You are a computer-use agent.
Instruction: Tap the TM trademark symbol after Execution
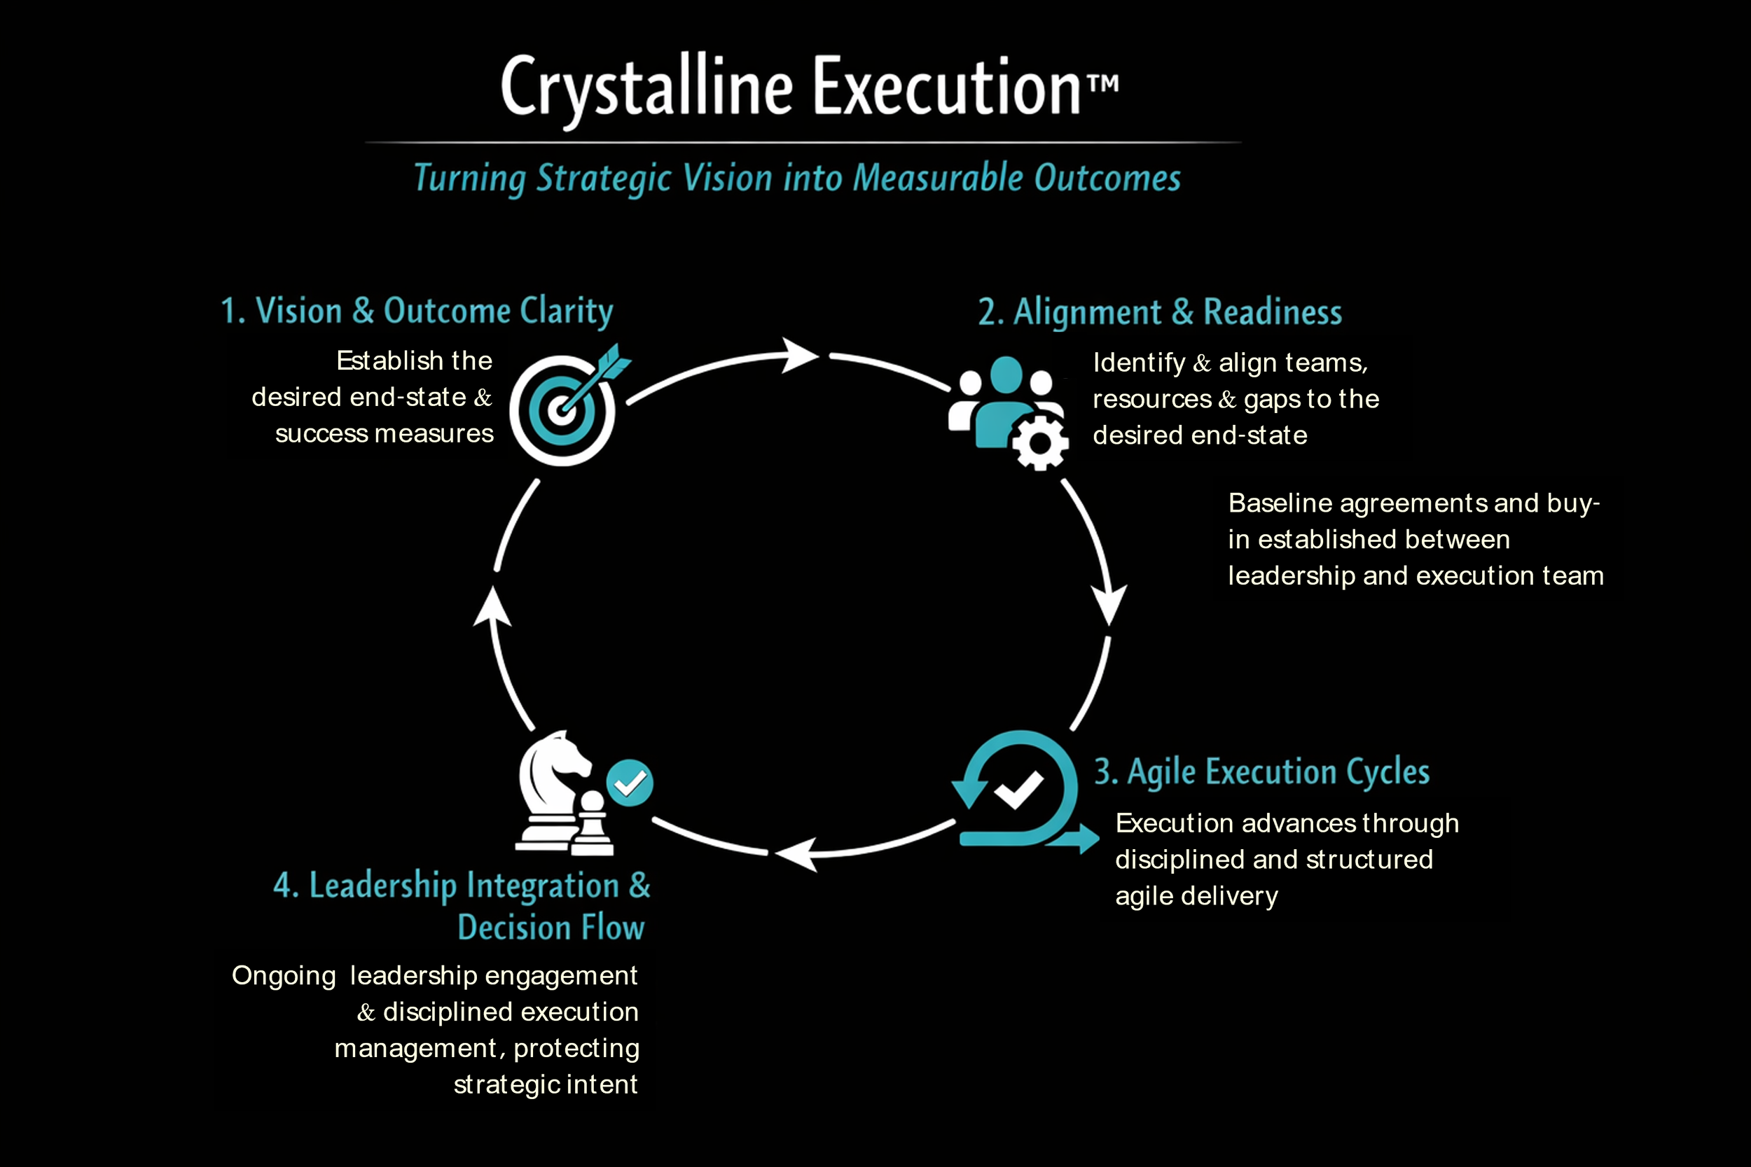pyautogui.click(x=1102, y=82)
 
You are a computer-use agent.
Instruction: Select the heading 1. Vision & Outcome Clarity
pyautogui.click(x=417, y=311)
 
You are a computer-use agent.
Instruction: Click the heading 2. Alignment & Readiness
pyautogui.click(x=1160, y=313)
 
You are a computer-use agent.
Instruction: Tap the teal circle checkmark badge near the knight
pyautogui.click(x=630, y=782)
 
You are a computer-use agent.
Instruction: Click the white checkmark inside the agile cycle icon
pyautogui.click(x=1018, y=790)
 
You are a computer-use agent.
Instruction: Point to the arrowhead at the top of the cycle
pyautogui.click(x=801, y=355)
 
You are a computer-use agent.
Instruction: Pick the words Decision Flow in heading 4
pyautogui.click(x=551, y=928)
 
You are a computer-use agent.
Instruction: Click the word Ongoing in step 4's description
pyautogui.click(x=284, y=976)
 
